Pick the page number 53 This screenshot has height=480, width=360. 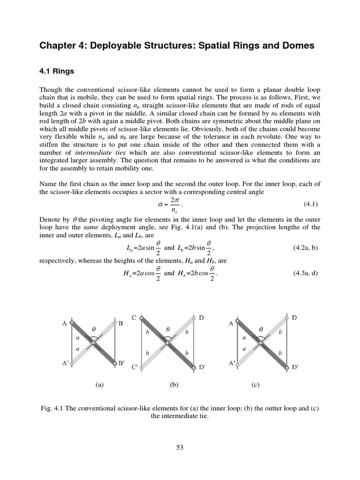point(180,448)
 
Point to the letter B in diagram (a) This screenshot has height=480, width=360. point(120,323)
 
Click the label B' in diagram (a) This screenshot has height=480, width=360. point(121,363)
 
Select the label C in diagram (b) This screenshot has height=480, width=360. point(134,318)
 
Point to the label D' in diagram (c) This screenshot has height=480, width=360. point(295,368)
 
